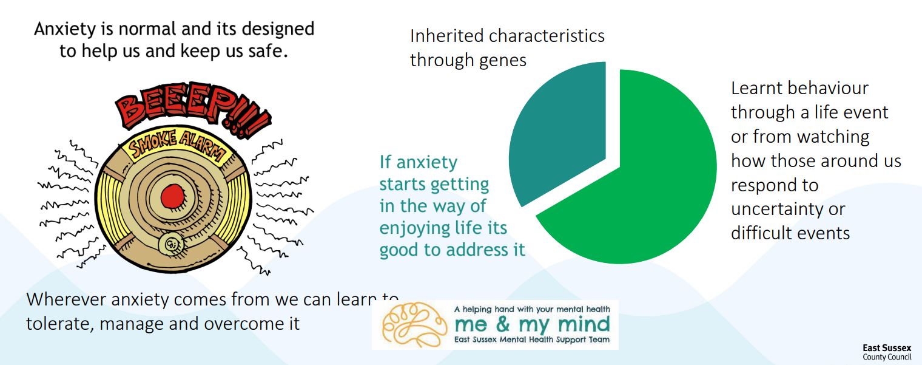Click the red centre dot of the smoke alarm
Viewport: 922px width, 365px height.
[172, 196]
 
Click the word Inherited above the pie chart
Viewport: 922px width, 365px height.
[446, 36]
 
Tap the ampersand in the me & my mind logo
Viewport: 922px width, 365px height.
[503, 324]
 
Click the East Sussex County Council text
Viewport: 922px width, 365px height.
[887, 353]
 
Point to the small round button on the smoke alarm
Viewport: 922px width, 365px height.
[170, 244]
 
